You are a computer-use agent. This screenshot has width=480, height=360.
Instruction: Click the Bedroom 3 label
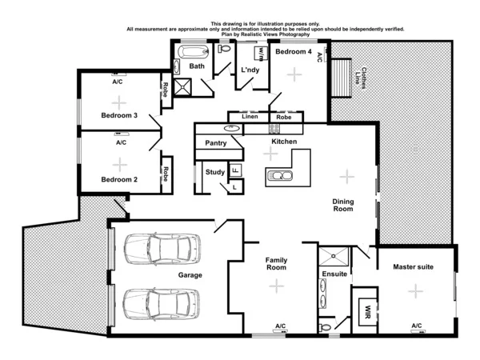tap(119, 115)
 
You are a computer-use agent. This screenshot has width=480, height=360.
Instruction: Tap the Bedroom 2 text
tap(119, 179)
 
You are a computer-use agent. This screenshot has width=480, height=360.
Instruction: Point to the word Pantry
tap(217, 143)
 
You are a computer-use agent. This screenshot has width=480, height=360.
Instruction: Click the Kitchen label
tap(284, 142)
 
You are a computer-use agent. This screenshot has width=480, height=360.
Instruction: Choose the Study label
tap(214, 172)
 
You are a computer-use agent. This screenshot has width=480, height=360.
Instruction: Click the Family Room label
tap(277, 264)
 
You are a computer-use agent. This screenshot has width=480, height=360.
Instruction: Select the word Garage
tap(190, 274)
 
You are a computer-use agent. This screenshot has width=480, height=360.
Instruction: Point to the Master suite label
tap(414, 266)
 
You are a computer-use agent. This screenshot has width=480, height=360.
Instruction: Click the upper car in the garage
tap(161, 249)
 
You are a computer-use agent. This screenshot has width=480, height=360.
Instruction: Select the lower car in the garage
tap(161, 303)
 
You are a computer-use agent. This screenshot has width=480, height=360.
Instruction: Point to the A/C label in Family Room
tap(280, 326)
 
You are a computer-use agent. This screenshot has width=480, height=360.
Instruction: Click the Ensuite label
tap(334, 274)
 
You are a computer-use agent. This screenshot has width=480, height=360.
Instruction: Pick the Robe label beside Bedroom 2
tap(166, 172)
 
